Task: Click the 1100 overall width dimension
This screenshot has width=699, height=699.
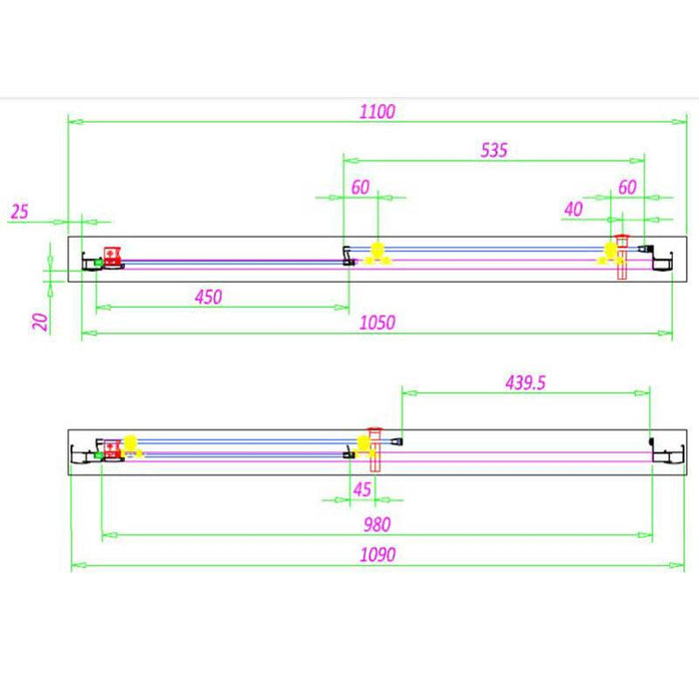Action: coord(378,112)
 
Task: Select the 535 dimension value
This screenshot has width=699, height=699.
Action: coord(494,151)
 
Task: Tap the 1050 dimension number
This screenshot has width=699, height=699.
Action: coord(377,322)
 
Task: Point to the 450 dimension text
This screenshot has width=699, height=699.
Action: coord(209,296)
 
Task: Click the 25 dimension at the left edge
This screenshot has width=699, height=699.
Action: coord(20,211)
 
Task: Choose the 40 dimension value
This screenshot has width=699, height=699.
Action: coord(573,209)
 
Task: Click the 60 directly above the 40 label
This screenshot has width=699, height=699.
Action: coord(627,187)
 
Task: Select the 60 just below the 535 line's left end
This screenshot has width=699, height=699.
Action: coord(360,187)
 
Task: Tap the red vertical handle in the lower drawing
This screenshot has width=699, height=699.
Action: coord(375,450)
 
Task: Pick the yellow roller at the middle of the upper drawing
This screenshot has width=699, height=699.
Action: coord(376,253)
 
